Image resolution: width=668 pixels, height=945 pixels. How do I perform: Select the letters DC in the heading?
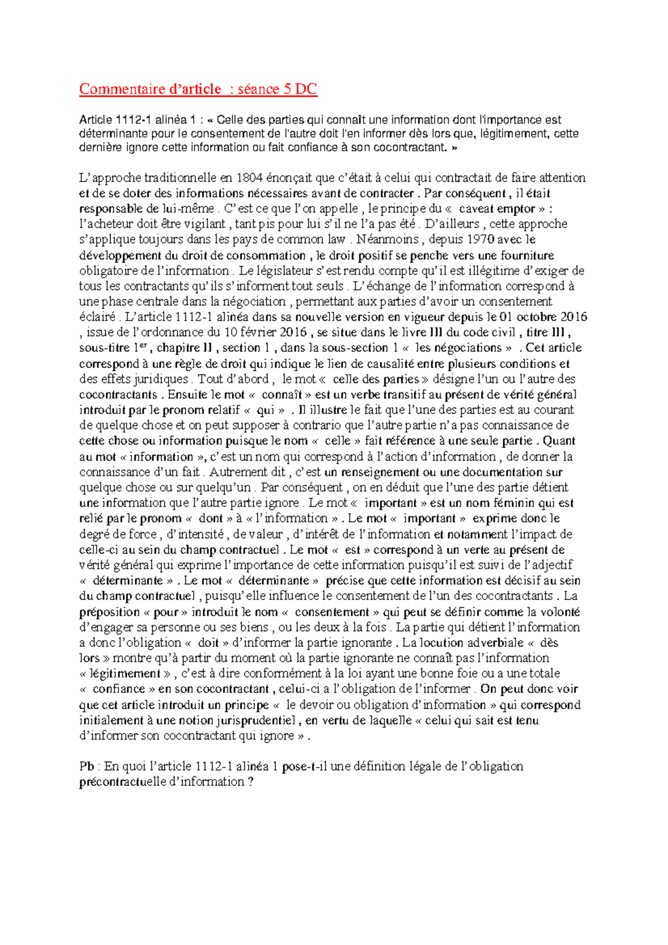point(306,89)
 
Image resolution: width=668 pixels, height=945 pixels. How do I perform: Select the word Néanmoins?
point(387,239)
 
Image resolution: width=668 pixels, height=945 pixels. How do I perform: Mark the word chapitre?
point(178,348)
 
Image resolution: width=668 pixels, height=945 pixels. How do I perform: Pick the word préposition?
point(110,612)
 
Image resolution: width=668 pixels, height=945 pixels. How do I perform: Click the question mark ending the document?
point(250,782)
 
